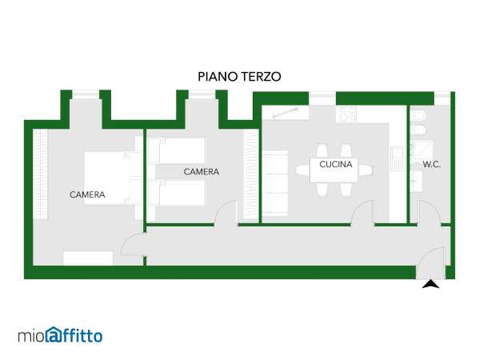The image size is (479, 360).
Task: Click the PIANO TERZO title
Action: point(240,77)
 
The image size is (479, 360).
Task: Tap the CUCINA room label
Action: point(336,164)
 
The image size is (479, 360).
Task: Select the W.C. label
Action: point(432,165)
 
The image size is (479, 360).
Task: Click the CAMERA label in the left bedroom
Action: point(87,194)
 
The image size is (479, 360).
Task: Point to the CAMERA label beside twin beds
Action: point(202,172)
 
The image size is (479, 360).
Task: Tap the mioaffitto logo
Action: point(60,335)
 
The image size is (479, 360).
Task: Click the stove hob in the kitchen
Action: point(346,114)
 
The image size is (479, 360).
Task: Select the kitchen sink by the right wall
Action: point(397,158)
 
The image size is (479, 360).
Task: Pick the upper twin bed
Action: point(180,150)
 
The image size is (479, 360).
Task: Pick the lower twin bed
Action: point(180,193)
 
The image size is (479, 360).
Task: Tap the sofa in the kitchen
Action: point(275,182)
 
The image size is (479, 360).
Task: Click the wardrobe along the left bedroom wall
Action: point(40,174)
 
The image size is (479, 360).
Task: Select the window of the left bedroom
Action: point(86,94)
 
